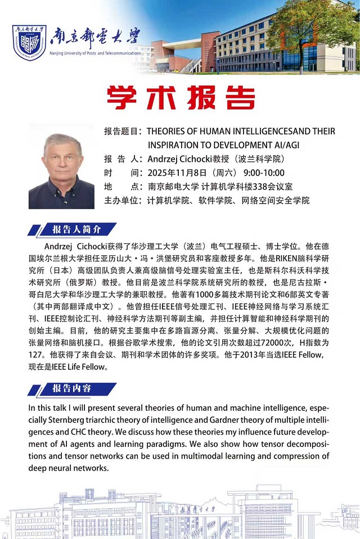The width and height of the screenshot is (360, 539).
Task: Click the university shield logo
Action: pyautogui.click(x=29, y=43)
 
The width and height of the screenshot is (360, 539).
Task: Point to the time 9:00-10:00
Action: pyautogui.click(x=264, y=173)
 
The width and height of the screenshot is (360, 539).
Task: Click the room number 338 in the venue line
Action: pyautogui.click(x=260, y=186)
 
